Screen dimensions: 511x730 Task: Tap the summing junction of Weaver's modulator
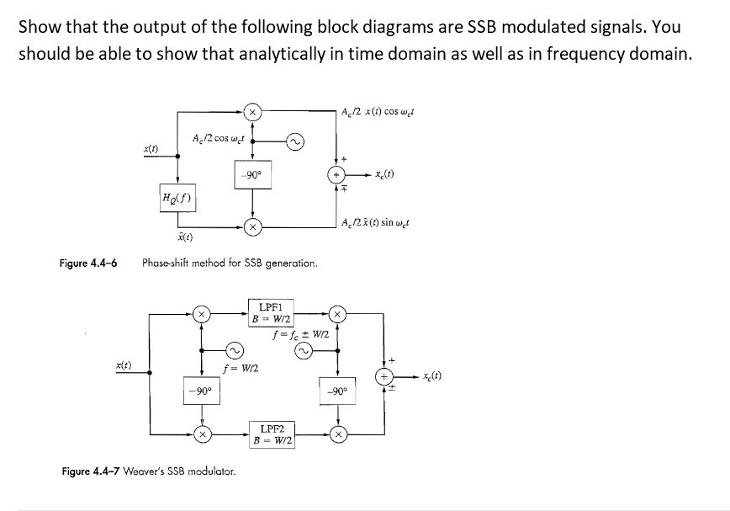[x=385, y=376]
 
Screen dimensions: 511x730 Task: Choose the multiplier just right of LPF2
[x=336, y=436]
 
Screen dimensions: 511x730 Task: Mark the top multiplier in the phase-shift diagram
[x=251, y=110]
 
